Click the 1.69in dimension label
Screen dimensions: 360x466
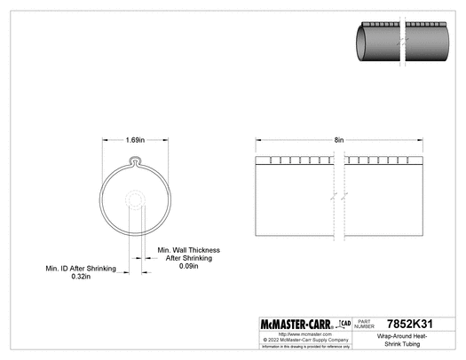(135, 140)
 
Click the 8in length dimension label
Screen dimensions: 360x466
(339, 140)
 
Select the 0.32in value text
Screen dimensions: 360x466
(83, 276)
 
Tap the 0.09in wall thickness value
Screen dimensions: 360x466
(188, 266)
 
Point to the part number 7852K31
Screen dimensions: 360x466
(414, 325)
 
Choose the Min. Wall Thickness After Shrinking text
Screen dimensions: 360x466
(188, 254)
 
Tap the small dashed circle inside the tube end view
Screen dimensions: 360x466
(135, 200)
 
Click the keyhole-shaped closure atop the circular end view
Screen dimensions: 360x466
(135, 161)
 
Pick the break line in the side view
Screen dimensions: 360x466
(339, 200)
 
